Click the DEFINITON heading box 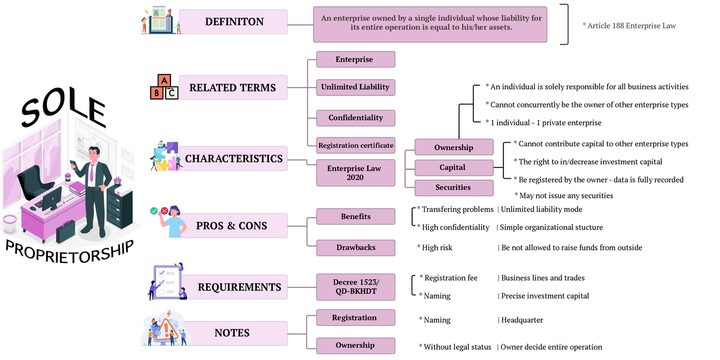pos(234,22)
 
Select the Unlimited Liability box pos(355,87)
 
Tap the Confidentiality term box pos(355,118)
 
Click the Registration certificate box pos(356,145)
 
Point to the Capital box pos(452,167)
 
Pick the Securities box pos(453,187)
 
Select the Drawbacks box pos(355,247)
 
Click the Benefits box pos(355,216)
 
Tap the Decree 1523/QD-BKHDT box pos(356,287)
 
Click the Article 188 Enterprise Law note pos(629,26)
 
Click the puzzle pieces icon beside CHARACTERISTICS pos(165,157)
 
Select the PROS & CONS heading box pos(232,226)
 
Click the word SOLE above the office pos(63,113)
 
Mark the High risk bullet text pos(437,248)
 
